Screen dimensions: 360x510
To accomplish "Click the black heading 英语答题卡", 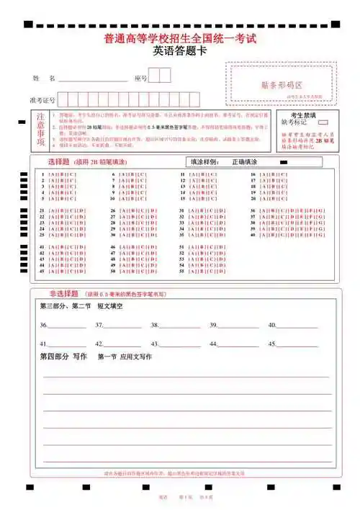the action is coord(179,52).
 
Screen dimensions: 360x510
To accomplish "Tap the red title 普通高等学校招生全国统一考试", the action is coord(180,38).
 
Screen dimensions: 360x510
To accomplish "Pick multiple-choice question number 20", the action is coord(253,198).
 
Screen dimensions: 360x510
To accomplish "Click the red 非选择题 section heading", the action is coord(63,294).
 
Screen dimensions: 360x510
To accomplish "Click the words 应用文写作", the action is coord(136,357).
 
